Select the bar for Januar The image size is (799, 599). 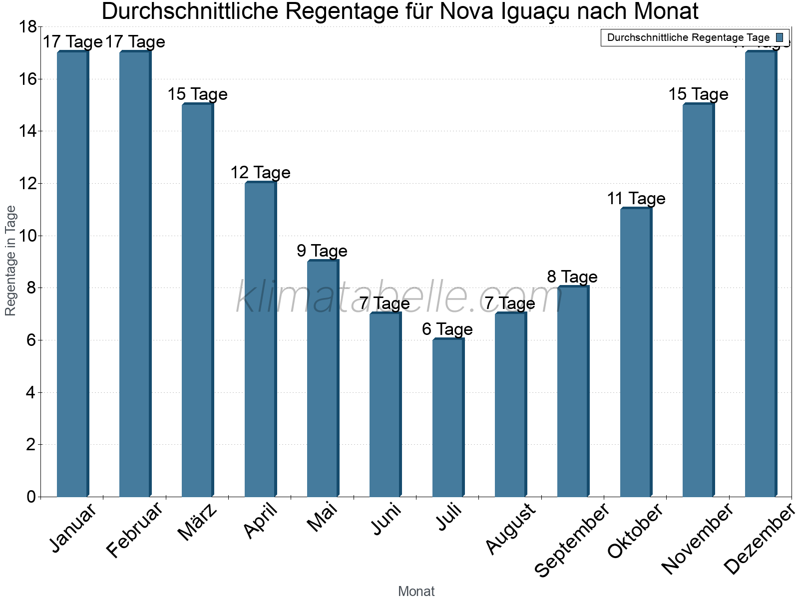click(72, 275)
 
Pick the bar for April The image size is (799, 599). click(260, 339)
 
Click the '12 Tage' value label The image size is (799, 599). click(260, 173)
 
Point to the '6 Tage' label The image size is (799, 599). click(447, 329)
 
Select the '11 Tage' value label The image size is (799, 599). click(636, 199)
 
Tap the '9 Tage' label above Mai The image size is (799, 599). click(322, 251)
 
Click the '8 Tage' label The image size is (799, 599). click(572, 277)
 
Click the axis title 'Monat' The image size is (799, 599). click(416, 592)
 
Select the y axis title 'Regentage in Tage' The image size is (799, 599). click(11, 261)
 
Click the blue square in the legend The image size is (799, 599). click(780, 37)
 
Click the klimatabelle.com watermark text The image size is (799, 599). click(399, 298)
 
